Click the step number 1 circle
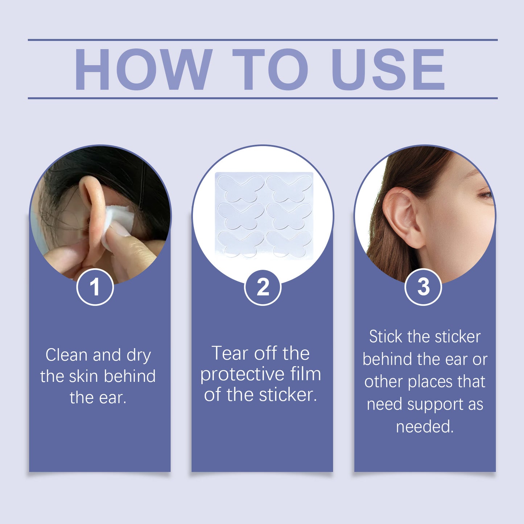tap(95, 287)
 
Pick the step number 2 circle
tap(263, 287)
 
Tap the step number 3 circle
tap(423, 287)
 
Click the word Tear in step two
tap(230, 353)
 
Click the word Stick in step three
tap(385, 337)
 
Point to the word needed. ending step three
tap(425, 427)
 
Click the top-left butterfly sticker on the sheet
tap(241, 188)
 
